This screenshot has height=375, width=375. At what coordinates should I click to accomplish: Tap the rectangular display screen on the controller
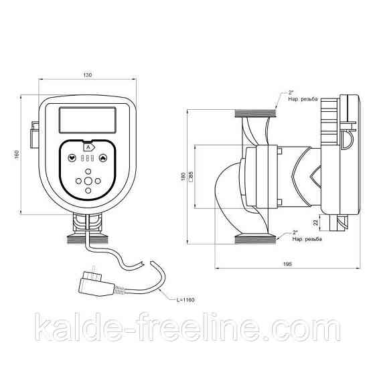coord(87,121)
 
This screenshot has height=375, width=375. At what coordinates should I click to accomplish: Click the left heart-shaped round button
coord(72,159)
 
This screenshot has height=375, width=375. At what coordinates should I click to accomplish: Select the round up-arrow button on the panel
coord(103,159)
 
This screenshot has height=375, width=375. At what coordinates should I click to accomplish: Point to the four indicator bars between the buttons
coord(88,159)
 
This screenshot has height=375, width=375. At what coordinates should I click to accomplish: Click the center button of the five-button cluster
coord(88,180)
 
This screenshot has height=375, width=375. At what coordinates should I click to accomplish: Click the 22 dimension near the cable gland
coord(315,222)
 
